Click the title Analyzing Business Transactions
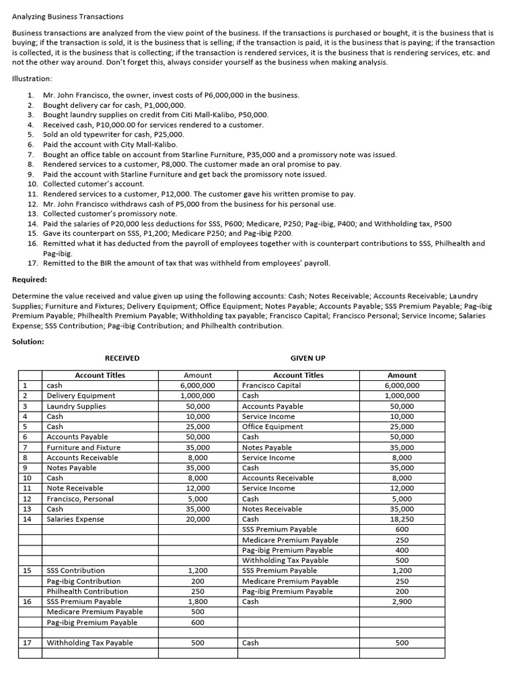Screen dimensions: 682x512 coord(68,16)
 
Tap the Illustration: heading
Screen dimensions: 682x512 coord(33,78)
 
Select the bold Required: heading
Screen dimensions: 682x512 coord(29,280)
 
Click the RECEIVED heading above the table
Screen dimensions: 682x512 coord(122,358)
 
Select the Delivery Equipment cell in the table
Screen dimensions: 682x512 coord(81,396)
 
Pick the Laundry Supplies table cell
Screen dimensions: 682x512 coord(76,406)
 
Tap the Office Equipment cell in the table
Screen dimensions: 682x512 coord(272,427)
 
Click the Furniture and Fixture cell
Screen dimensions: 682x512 coord(83,448)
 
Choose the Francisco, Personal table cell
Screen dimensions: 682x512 coord(80,499)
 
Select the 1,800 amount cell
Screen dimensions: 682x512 coord(197,601)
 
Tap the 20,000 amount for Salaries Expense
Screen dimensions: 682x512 coord(197,519)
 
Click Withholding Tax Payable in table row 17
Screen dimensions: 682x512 coord(89,643)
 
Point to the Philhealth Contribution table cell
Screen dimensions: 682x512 coord(87,591)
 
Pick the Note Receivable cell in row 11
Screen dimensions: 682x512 coord(75,488)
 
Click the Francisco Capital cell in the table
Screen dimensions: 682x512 coord(271,386)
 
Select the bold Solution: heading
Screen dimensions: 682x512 coord(29,342)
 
